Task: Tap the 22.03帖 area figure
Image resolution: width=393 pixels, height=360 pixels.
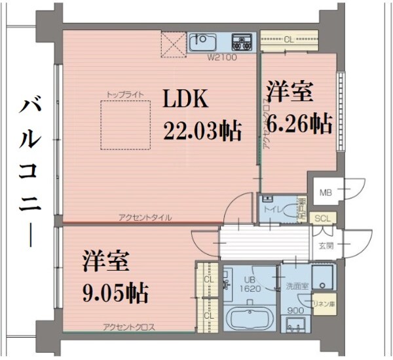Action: click(x=202, y=130)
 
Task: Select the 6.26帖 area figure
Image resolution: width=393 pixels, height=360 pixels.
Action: click(x=299, y=123)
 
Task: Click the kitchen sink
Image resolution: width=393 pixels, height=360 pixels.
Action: click(x=208, y=43)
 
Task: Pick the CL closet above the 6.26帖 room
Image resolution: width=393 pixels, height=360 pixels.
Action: click(x=289, y=40)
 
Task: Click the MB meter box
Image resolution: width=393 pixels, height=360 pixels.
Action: click(x=326, y=193)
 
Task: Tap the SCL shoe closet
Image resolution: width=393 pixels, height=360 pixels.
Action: click(x=323, y=218)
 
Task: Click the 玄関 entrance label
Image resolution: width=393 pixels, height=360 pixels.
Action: click(x=326, y=246)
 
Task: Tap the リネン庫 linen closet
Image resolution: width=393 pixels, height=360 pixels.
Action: click(x=324, y=305)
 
